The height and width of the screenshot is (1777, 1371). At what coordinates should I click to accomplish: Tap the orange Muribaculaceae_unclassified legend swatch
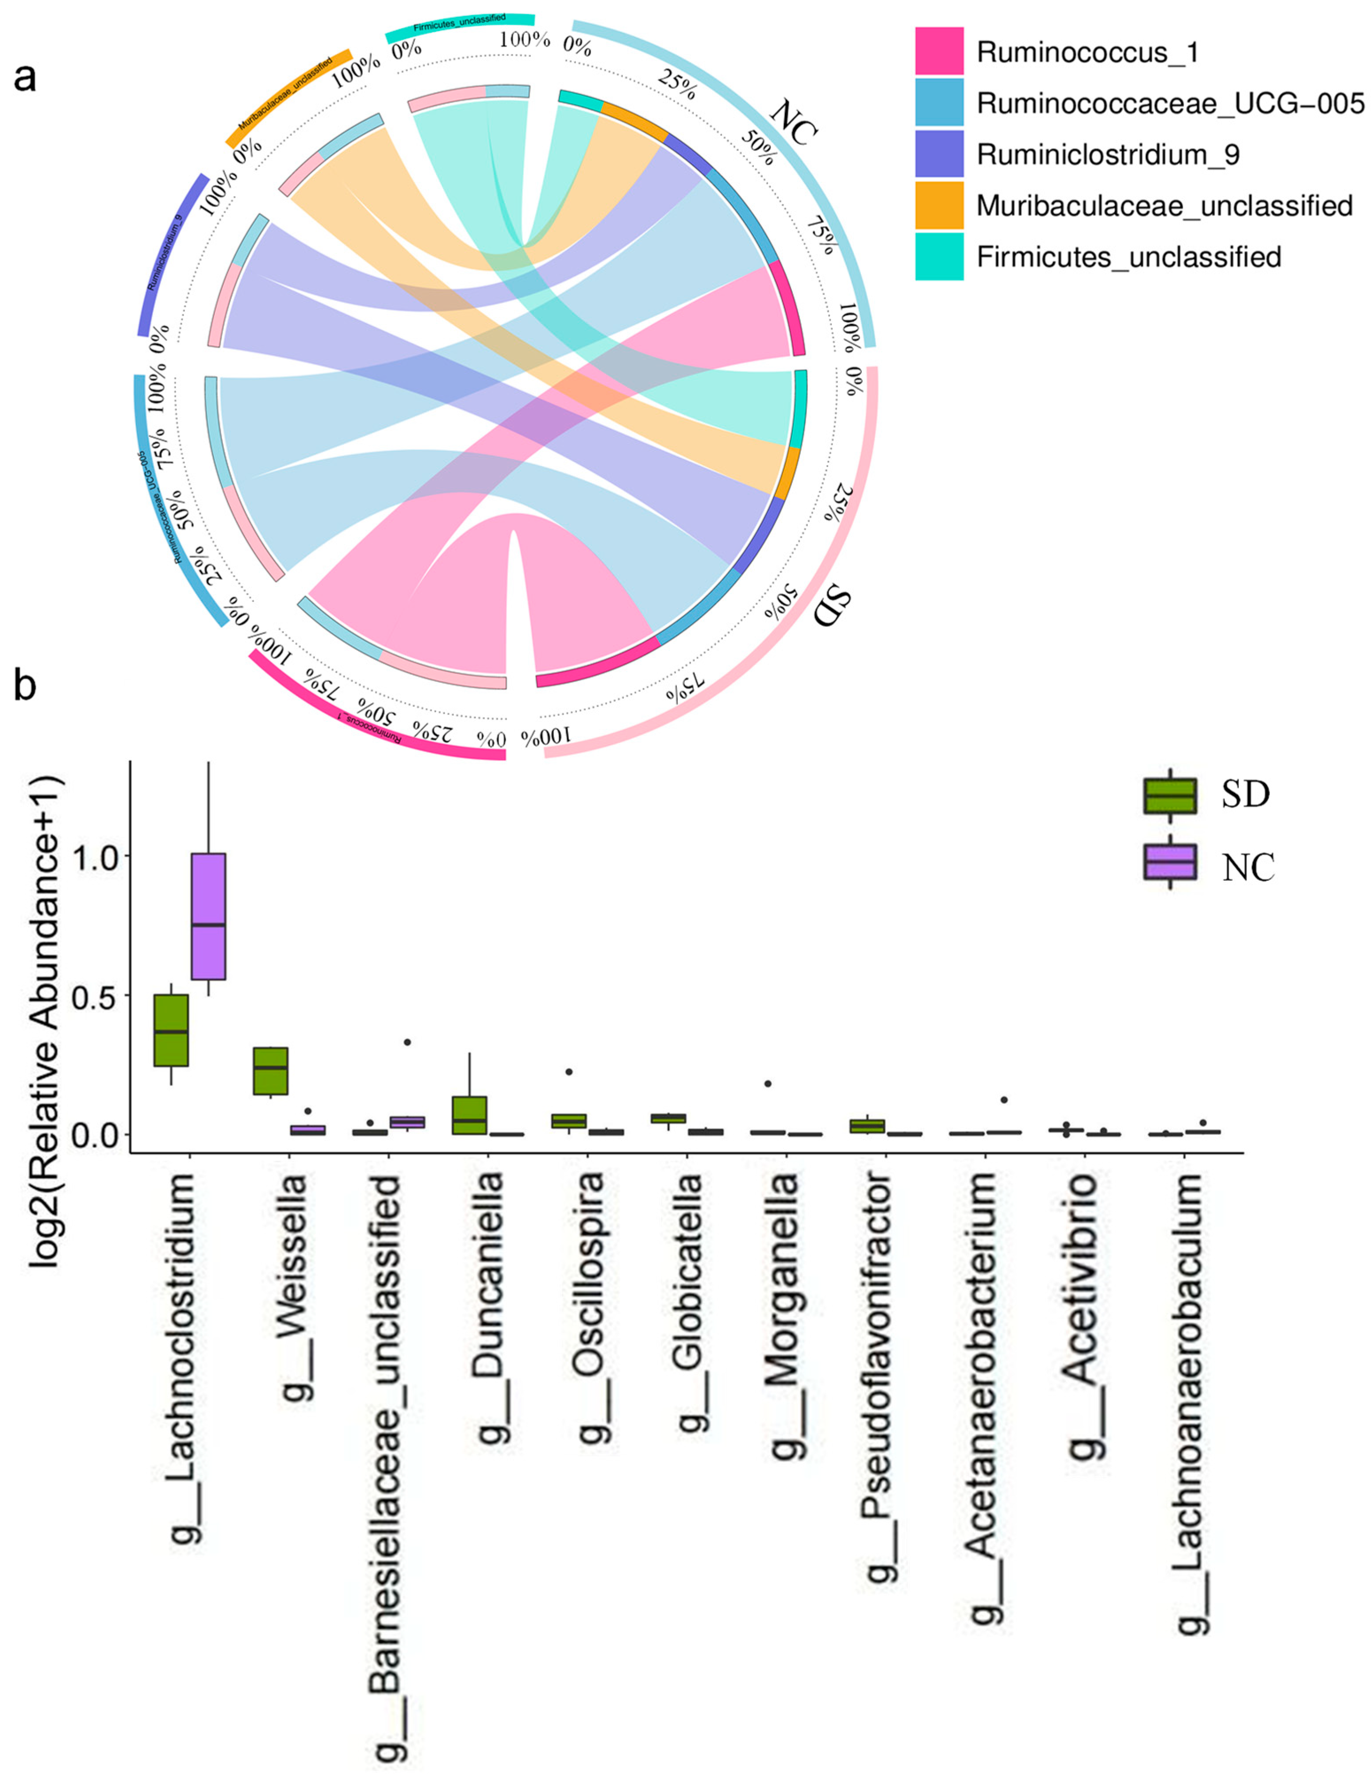coord(939,205)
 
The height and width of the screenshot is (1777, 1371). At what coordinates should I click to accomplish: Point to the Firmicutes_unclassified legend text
coord(1129,257)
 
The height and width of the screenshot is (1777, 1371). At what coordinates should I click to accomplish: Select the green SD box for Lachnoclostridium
coord(172,1030)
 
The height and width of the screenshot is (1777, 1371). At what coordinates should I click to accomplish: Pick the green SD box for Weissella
coord(271,1071)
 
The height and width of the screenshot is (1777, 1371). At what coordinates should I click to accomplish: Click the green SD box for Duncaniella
coord(470,1115)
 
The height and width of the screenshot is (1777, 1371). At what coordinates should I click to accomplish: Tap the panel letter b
coord(24,686)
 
